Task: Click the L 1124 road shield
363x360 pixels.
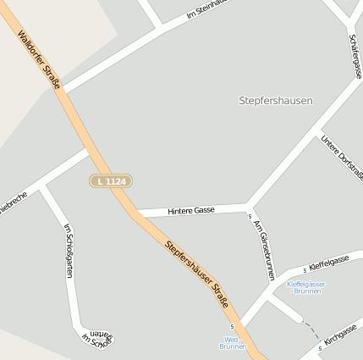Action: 111,181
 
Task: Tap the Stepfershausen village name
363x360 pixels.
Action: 275,100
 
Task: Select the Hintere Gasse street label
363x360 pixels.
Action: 191,209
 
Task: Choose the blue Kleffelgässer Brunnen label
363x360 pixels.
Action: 305,287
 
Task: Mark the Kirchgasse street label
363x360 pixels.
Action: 341,334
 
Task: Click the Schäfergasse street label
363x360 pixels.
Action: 355,56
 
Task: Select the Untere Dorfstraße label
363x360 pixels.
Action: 343,157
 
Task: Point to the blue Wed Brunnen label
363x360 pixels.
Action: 231,342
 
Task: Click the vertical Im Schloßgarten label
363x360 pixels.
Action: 69,250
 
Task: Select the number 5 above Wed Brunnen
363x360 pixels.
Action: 232,326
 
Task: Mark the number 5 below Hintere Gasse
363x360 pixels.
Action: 250,217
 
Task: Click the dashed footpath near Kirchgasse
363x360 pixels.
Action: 313,327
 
